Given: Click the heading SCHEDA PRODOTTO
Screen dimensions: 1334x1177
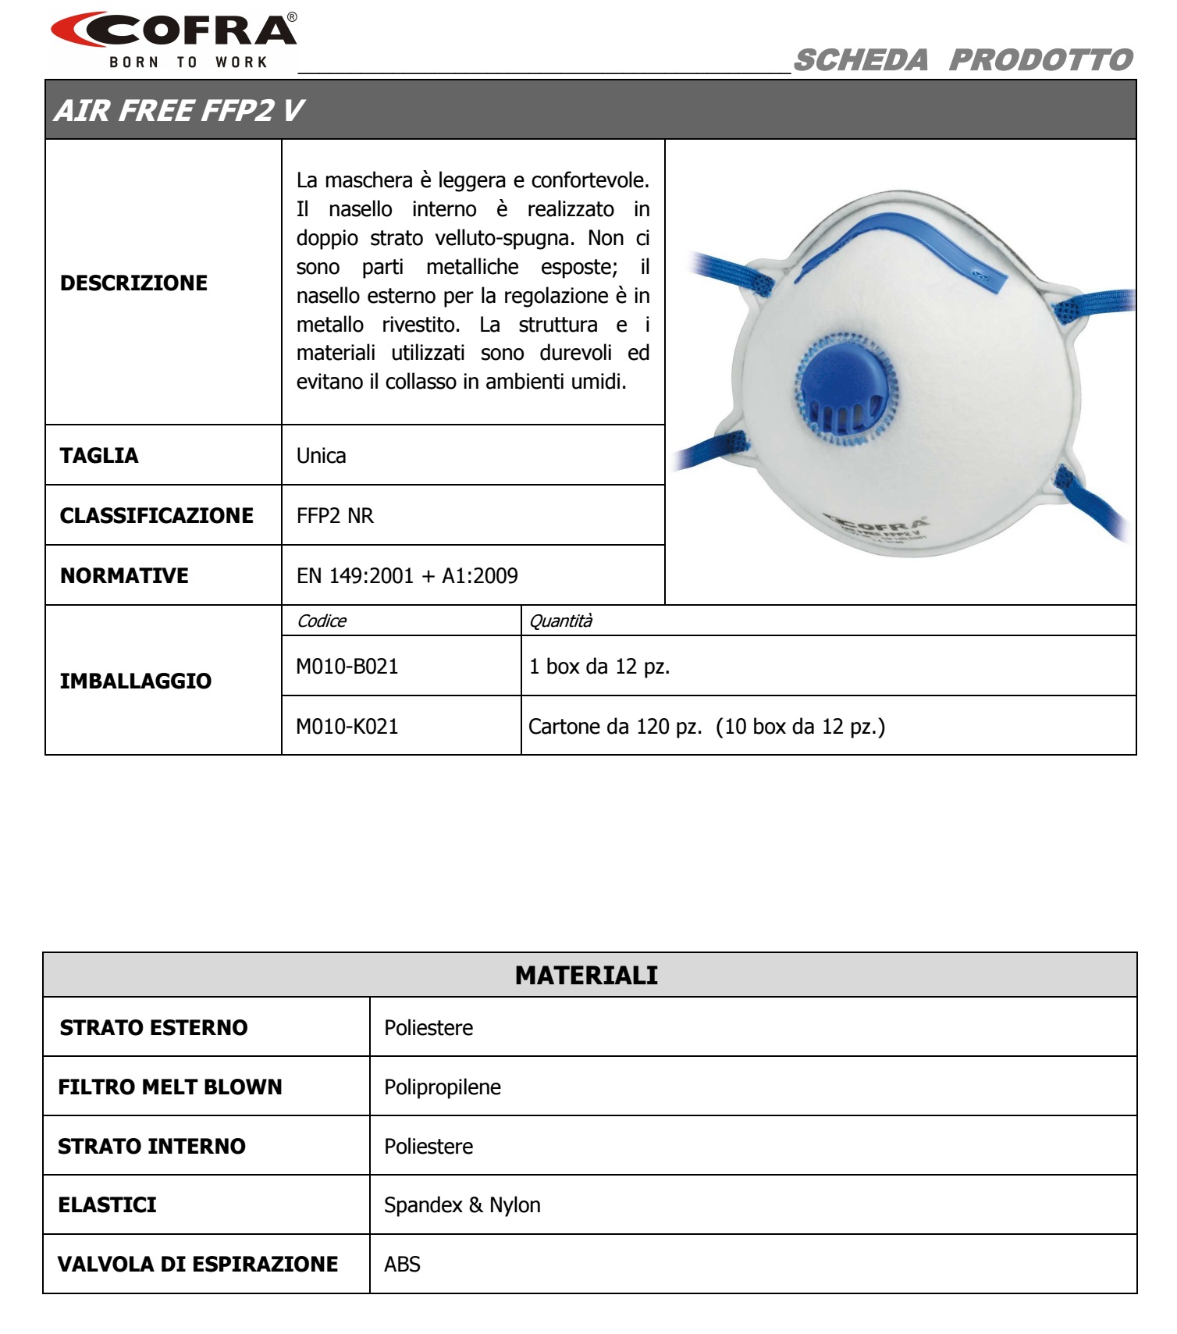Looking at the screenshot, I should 962,60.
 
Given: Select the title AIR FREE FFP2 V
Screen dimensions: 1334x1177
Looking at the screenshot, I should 179,111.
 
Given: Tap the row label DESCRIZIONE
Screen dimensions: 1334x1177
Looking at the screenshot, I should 133,283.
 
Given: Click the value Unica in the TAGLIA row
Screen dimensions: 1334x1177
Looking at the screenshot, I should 321,456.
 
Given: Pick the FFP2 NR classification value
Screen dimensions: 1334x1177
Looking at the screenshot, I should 335,516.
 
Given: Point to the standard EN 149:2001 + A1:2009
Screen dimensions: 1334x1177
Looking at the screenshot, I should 407,576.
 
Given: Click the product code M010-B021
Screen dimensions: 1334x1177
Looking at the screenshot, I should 347,667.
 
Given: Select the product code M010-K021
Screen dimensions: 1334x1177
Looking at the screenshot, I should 347,727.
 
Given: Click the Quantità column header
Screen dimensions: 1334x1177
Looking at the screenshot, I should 560,621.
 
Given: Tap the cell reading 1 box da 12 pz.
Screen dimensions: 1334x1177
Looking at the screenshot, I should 599,667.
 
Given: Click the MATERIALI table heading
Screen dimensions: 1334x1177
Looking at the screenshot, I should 586,975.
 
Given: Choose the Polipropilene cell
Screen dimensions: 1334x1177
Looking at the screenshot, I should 442,1087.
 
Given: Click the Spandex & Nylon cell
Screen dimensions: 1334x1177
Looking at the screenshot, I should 462,1205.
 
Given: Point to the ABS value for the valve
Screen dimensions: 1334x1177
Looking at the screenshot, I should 402,1265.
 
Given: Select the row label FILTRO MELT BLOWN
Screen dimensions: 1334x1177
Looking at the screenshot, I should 169,1087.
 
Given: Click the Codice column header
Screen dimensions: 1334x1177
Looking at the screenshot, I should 322,621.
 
